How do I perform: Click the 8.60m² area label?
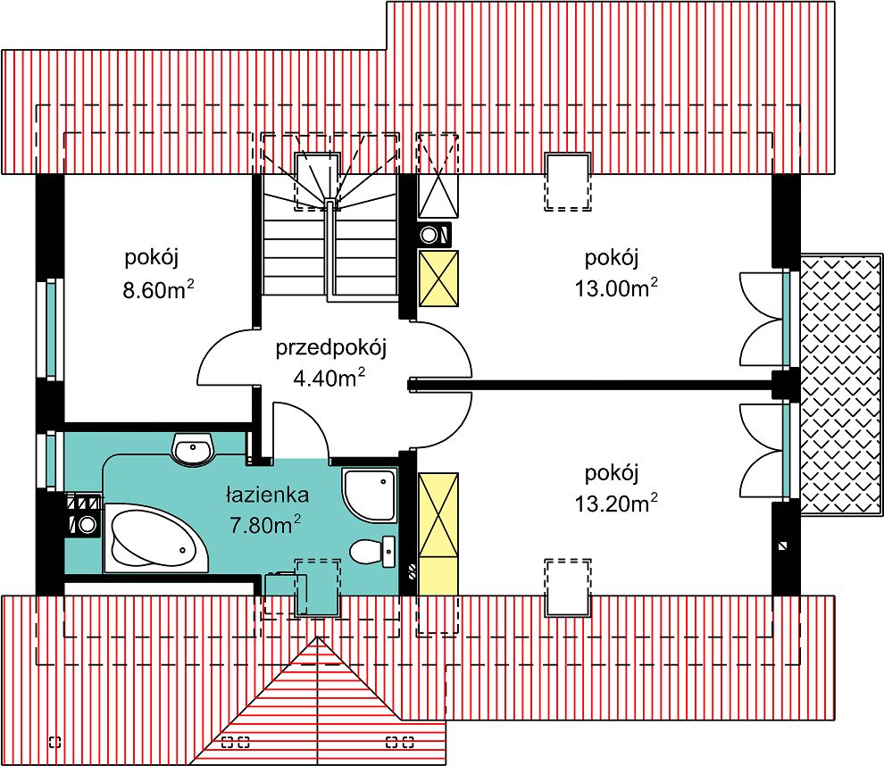[x=160, y=289]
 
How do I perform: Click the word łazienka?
[x=267, y=494]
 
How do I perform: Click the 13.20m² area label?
[x=617, y=504]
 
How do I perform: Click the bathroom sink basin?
[x=194, y=452]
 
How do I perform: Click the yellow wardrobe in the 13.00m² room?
[x=438, y=279]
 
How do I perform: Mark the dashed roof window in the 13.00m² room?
[x=568, y=182]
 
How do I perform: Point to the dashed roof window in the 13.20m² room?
[x=568, y=587]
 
